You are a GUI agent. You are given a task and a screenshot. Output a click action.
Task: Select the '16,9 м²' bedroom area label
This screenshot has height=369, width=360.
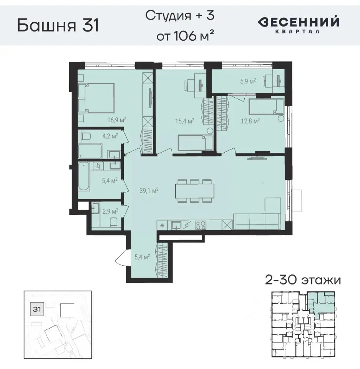coord(117,119)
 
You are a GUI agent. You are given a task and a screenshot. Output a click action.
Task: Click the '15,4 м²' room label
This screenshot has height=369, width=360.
coord(184,121)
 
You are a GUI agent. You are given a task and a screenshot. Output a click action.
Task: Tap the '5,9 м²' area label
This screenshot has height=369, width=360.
coord(248,81)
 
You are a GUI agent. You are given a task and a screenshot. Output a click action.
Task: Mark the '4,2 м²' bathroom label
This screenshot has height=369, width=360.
coord(109,135)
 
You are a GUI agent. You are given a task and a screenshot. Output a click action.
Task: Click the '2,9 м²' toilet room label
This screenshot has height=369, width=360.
coord(109,211)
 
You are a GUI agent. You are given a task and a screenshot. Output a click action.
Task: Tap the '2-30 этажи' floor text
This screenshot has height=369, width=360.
coord(303,280)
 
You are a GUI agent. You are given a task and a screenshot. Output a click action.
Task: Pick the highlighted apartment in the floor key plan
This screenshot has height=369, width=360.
coord(322,303)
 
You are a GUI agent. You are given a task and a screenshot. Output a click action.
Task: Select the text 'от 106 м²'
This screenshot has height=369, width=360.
coord(185,37)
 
